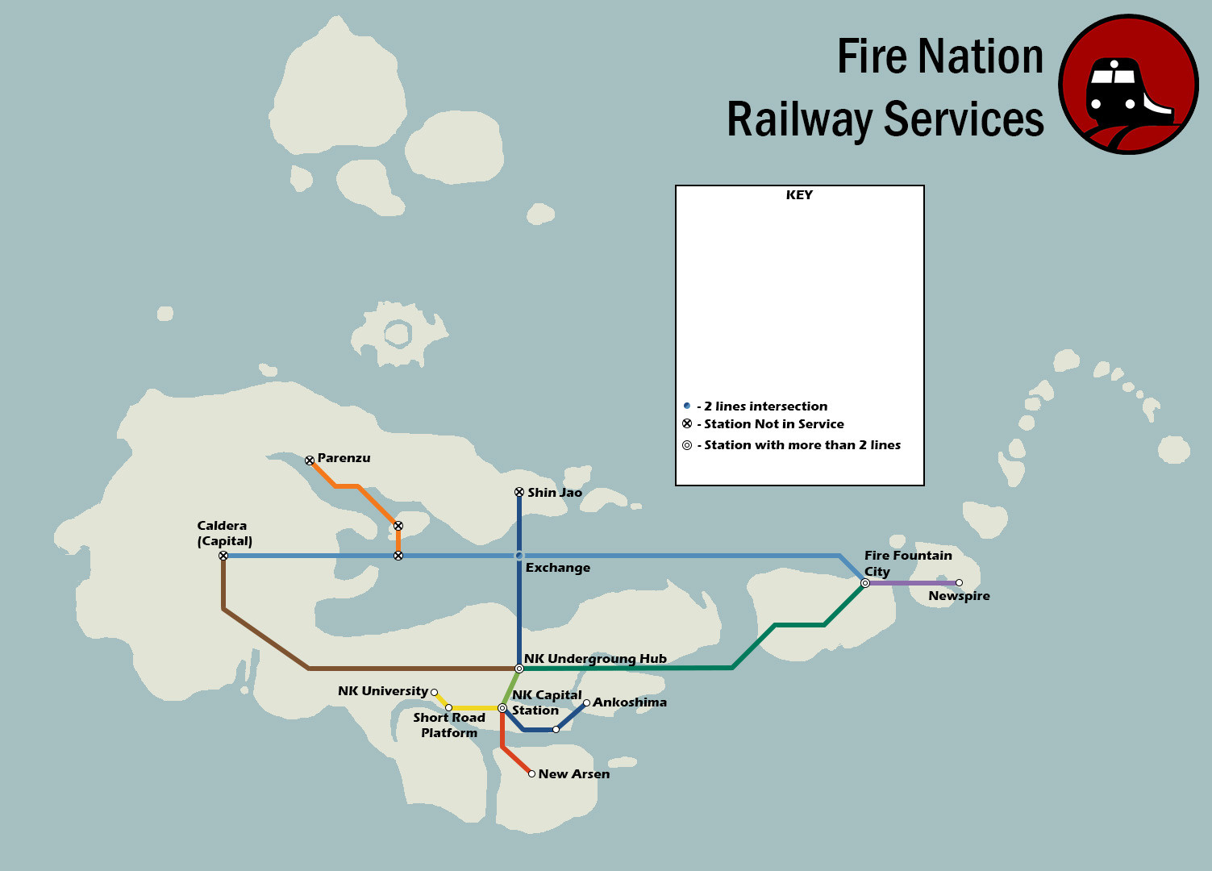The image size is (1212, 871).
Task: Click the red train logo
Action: pyautogui.click(x=1128, y=84)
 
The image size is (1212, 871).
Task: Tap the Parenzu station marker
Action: pyautogui.click(x=310, y=461)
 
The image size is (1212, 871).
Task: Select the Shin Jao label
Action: pyautogui.click(x=555, y=493)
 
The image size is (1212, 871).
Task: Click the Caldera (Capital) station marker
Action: pyautogui.click(x=223, y=556)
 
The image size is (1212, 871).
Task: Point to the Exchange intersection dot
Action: pyautogui.click(x=519, y=556)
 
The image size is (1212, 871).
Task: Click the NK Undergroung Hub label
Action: pyautogui.click(x=595, y=659)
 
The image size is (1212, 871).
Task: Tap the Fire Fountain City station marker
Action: pyautogui.click(x=865, y=583)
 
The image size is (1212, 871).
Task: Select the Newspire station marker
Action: pyautogui.click(x=959, y=582)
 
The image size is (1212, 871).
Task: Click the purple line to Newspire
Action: pyautogui.click(x=911, y=582)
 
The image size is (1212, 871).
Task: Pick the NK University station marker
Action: pyautogui.click(x=434, y=692)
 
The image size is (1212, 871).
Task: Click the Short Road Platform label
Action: pyautogui.click(x=449, y=725)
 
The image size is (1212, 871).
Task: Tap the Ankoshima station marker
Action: pyautogui.click(x=586, y=702)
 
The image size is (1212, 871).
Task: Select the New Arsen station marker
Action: pyautogui.click(x=531, y=773)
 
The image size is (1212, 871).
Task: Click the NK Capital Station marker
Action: pyautogui.click(x=502, y=708)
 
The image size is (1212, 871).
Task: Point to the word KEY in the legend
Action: pyautogui.click(x=799, y=195)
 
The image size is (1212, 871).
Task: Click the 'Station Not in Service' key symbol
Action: pyautogui.click(x=687, y=423)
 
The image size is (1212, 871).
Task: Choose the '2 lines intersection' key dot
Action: pyautogui.click(x=687, y=406)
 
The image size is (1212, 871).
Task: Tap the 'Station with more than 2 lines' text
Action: pyautogui.click(x=802, y=445)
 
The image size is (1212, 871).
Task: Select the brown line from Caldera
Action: pyautogui.click(x=266, y=639)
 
